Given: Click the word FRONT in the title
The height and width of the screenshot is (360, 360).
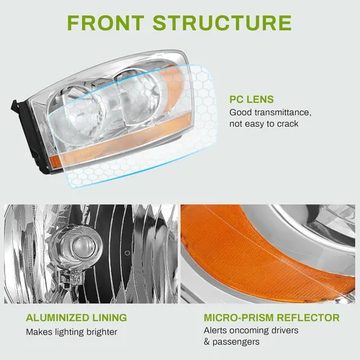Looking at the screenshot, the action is point(106,22).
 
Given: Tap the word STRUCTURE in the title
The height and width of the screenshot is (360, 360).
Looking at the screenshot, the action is point(222,22).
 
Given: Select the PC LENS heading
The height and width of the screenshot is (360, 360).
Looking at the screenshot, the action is point(251,99).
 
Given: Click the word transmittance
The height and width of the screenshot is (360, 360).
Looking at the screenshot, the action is point(283,112).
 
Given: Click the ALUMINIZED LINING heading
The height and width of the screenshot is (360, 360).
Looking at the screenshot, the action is point(76,318).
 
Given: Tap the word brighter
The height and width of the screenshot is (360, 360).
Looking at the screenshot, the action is point(102,333).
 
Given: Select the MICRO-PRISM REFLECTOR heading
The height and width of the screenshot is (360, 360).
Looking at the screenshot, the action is point(271,318).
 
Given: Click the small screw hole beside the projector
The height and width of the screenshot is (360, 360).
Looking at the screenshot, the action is point(127,253).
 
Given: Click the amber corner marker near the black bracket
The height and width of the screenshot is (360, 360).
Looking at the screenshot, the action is point(55,161).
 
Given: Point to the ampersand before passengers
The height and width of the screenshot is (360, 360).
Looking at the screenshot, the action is point(207,342).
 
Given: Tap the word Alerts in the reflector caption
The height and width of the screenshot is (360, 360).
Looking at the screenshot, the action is point(215,330).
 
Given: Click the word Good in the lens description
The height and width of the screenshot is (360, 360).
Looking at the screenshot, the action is point(240,112).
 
